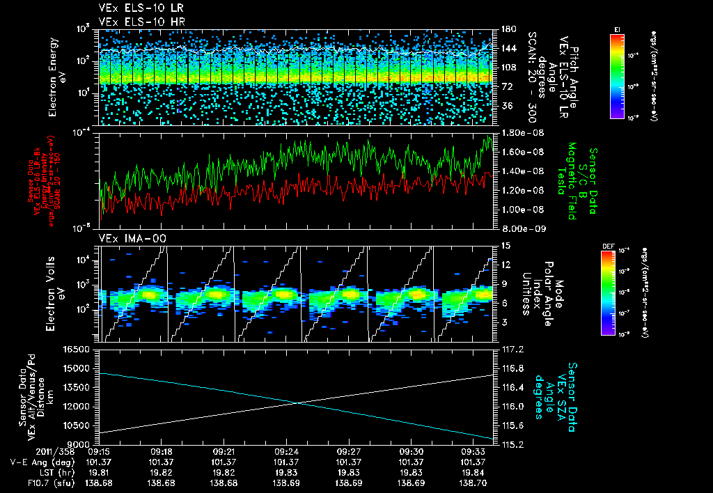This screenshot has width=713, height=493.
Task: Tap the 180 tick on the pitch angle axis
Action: click(x=507, y=29)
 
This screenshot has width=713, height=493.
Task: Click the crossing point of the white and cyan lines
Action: click(x=297, y=402)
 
